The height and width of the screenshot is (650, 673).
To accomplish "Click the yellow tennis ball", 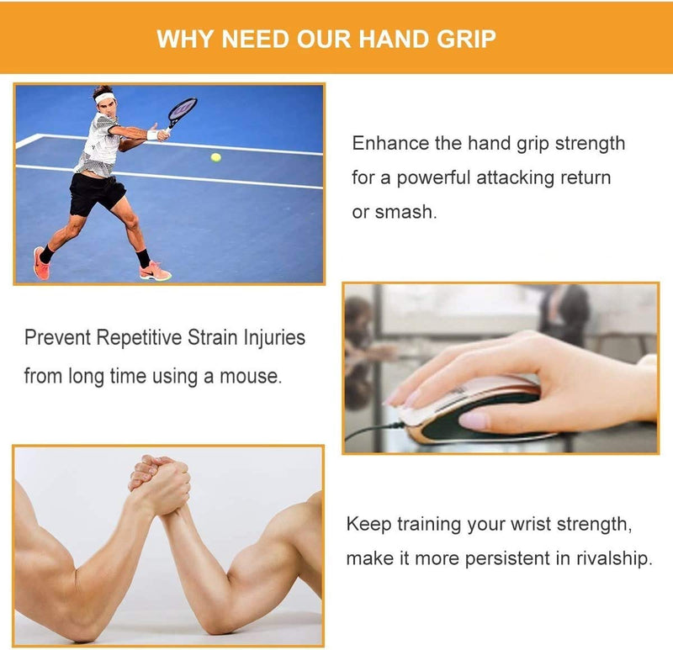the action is point(216,157).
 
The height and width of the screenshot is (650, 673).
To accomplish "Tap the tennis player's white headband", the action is point(103,98).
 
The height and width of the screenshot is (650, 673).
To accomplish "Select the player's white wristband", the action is point(152,135).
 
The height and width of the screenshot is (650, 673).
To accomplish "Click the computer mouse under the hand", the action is point(468,410).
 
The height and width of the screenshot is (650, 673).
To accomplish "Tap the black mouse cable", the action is point(374,431).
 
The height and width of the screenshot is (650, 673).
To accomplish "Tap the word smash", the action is point(404,212).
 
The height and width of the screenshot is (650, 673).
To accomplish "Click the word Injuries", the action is point(274,338).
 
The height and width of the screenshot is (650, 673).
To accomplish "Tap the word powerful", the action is point(433,178).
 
